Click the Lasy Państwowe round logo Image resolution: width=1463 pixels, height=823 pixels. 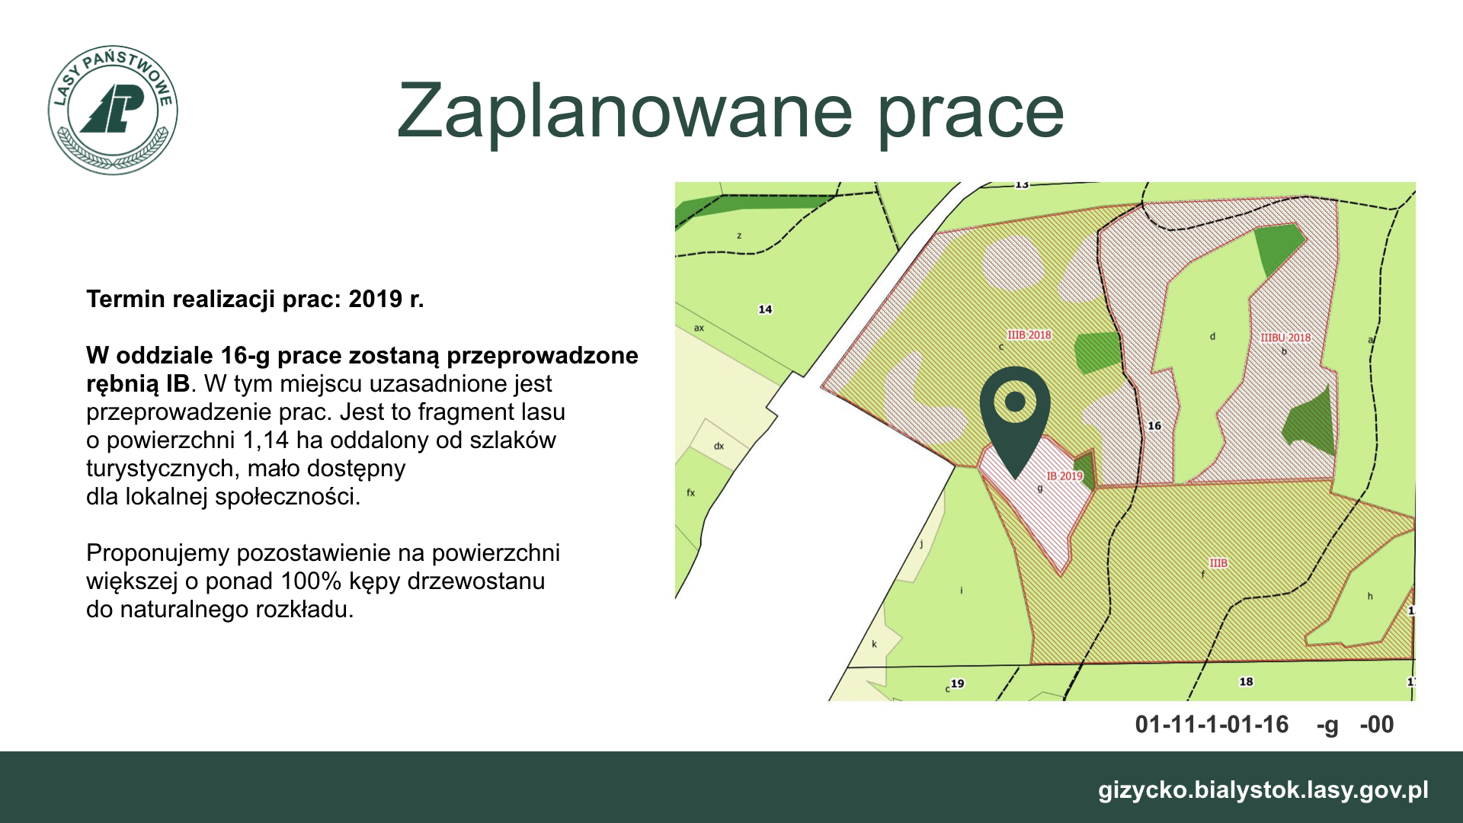tap(113, 110)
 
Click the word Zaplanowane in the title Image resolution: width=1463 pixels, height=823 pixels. tap(624, 111)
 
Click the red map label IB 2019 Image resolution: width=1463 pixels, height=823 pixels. tap(1064, 476)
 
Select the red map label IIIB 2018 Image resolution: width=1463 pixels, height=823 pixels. tap(1029, 335)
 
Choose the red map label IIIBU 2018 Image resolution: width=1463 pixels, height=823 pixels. tap(1285, 338)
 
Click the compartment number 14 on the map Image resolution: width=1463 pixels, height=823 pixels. tap(765, 309)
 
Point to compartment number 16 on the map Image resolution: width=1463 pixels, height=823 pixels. tap(1154, 426)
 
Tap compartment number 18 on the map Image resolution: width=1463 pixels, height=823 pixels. tap(1246, 681)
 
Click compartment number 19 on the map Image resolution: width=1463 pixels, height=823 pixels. tap(957, 684)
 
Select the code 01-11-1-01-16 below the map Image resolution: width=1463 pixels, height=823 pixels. tap(1212, 724)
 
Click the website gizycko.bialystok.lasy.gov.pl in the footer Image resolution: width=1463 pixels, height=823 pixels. tap(1263, 790)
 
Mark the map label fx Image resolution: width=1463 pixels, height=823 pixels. tap(691, 493)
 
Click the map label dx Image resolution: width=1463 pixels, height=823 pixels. tap(719, 446)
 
